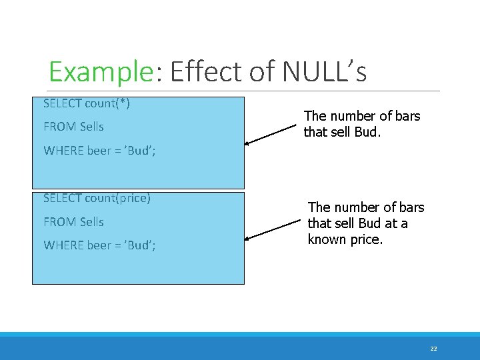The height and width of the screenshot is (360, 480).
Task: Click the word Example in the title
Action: tap(101, 72)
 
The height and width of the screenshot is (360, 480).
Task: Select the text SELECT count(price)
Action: tap(97, 198)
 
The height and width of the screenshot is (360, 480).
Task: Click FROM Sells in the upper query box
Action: tap(73, 127)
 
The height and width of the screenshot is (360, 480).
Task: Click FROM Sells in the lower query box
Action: tap(73, 221)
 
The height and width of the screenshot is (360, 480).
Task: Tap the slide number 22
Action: tap(433, 349)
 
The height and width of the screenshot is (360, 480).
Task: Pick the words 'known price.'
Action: tap(345, 239)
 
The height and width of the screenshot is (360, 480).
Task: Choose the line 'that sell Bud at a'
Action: tap(357, 223)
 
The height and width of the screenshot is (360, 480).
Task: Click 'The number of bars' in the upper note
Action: tap(362, 116)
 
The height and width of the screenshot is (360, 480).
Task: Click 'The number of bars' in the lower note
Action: tap(366, 207)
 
